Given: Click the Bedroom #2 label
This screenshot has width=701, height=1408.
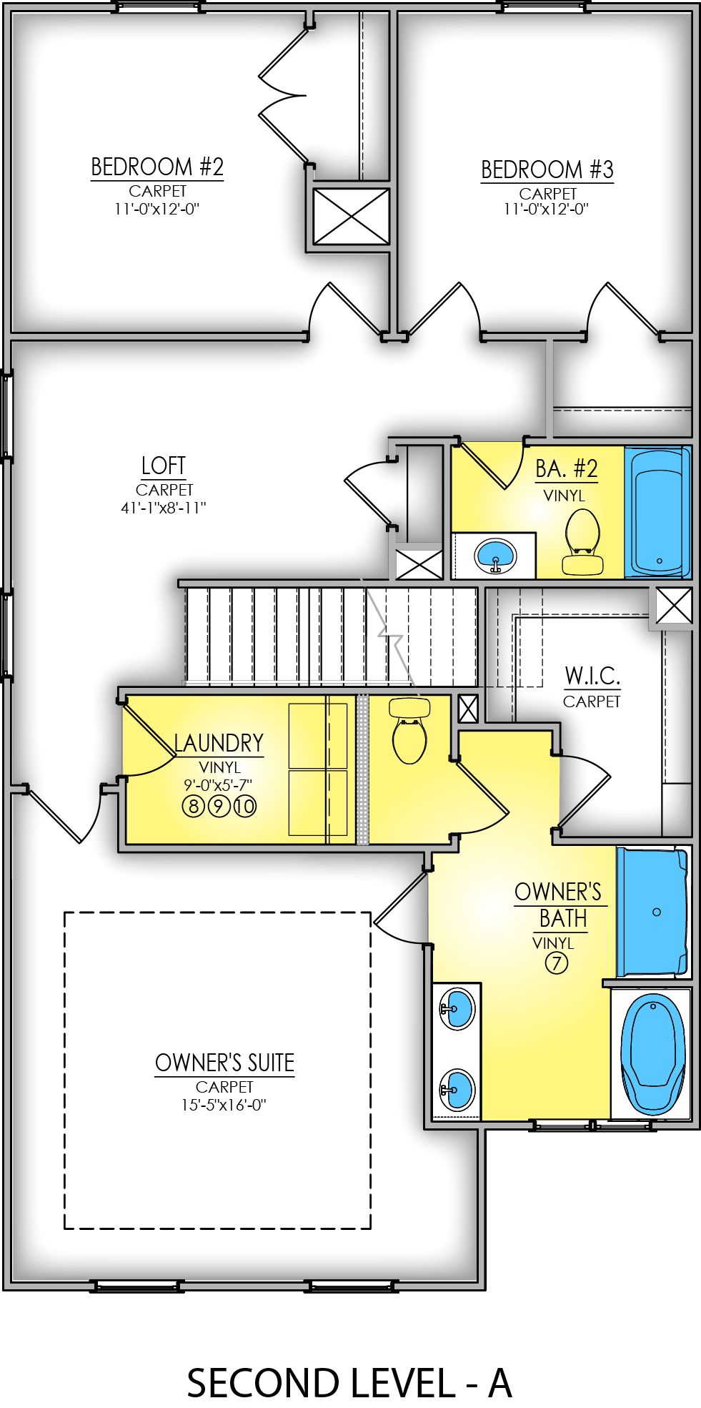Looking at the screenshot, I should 157,167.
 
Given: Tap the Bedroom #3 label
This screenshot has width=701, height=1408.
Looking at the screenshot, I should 547,170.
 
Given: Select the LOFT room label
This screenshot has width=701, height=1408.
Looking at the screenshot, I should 164,466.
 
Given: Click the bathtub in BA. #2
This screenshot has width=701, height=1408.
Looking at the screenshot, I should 657,512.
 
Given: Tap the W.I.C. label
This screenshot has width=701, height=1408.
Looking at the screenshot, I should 592,676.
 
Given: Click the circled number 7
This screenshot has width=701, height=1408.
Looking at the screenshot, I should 557,963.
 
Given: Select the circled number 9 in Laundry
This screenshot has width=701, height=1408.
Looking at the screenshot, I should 219,807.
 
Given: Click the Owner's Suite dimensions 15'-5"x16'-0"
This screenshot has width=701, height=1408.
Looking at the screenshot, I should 224,1105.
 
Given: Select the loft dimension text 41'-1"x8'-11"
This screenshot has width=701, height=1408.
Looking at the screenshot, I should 164,508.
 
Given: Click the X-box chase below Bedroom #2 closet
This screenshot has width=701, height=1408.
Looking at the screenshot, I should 352,216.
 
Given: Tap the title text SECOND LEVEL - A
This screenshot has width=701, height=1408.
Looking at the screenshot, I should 349,1383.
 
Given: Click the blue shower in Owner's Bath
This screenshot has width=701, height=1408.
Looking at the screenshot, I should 652,912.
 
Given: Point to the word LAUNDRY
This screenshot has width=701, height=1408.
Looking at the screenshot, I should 219,743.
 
